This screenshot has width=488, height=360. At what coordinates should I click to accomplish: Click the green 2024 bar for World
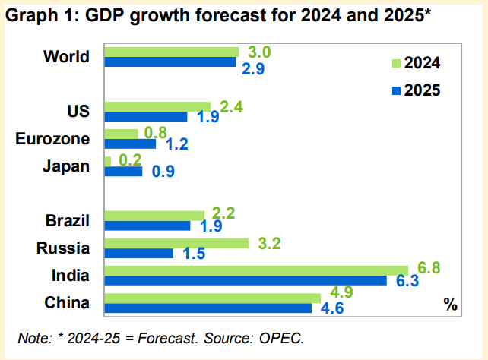pos(171,52)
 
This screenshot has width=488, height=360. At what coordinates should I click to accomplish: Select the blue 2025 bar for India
pos(245,281)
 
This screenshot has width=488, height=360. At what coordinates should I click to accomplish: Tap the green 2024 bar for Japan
pos(107,161)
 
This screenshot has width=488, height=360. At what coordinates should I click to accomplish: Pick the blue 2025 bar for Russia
pos(138,253)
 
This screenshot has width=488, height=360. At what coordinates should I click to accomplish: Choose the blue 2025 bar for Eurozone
pos(129,144)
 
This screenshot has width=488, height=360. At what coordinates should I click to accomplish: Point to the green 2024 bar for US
pos(157,106)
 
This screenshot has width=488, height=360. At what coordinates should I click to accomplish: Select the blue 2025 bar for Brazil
pos(147,226)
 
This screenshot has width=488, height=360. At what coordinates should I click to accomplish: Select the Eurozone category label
pos(52,138)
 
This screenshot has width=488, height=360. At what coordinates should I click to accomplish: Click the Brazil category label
pos(68,221)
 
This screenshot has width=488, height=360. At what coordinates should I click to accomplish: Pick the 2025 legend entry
pos(415,90)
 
